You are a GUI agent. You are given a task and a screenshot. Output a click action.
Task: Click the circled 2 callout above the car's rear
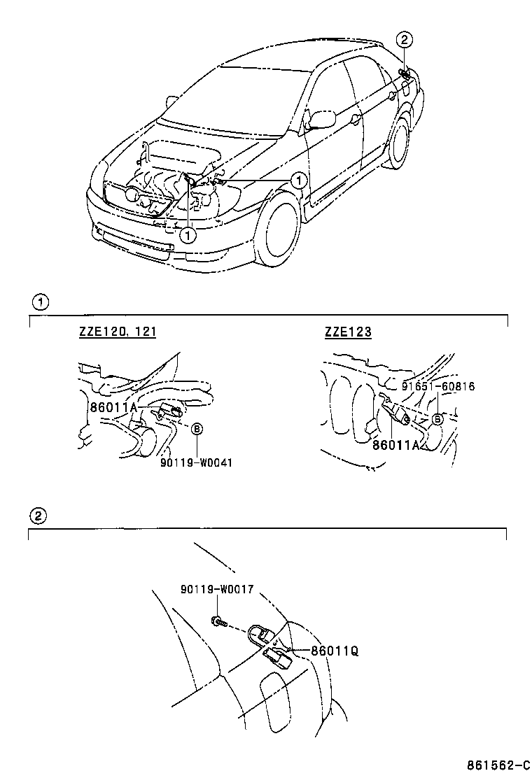pos(406,39)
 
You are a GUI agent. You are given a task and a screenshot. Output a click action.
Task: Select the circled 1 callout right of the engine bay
pos(299,181)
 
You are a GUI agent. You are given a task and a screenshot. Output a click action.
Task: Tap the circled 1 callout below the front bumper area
pos(188,235)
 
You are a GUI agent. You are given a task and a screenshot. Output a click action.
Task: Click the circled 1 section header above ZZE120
pos(40,303)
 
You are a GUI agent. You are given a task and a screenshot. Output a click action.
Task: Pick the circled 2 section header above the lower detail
pos(40,516)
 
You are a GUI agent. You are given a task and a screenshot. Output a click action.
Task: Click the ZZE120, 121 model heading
pos(117,332)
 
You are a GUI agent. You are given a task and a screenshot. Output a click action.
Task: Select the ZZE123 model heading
pos(348,332)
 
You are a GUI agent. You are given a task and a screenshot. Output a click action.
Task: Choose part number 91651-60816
pos(438,386)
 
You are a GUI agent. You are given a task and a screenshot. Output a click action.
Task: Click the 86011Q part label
pos(334,650)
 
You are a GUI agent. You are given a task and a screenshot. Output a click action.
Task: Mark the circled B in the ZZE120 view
pos(197,430)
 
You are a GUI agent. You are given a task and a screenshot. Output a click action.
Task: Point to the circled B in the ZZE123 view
pos(437,418)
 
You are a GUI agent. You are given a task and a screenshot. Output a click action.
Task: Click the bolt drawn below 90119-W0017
pos(219,620)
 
